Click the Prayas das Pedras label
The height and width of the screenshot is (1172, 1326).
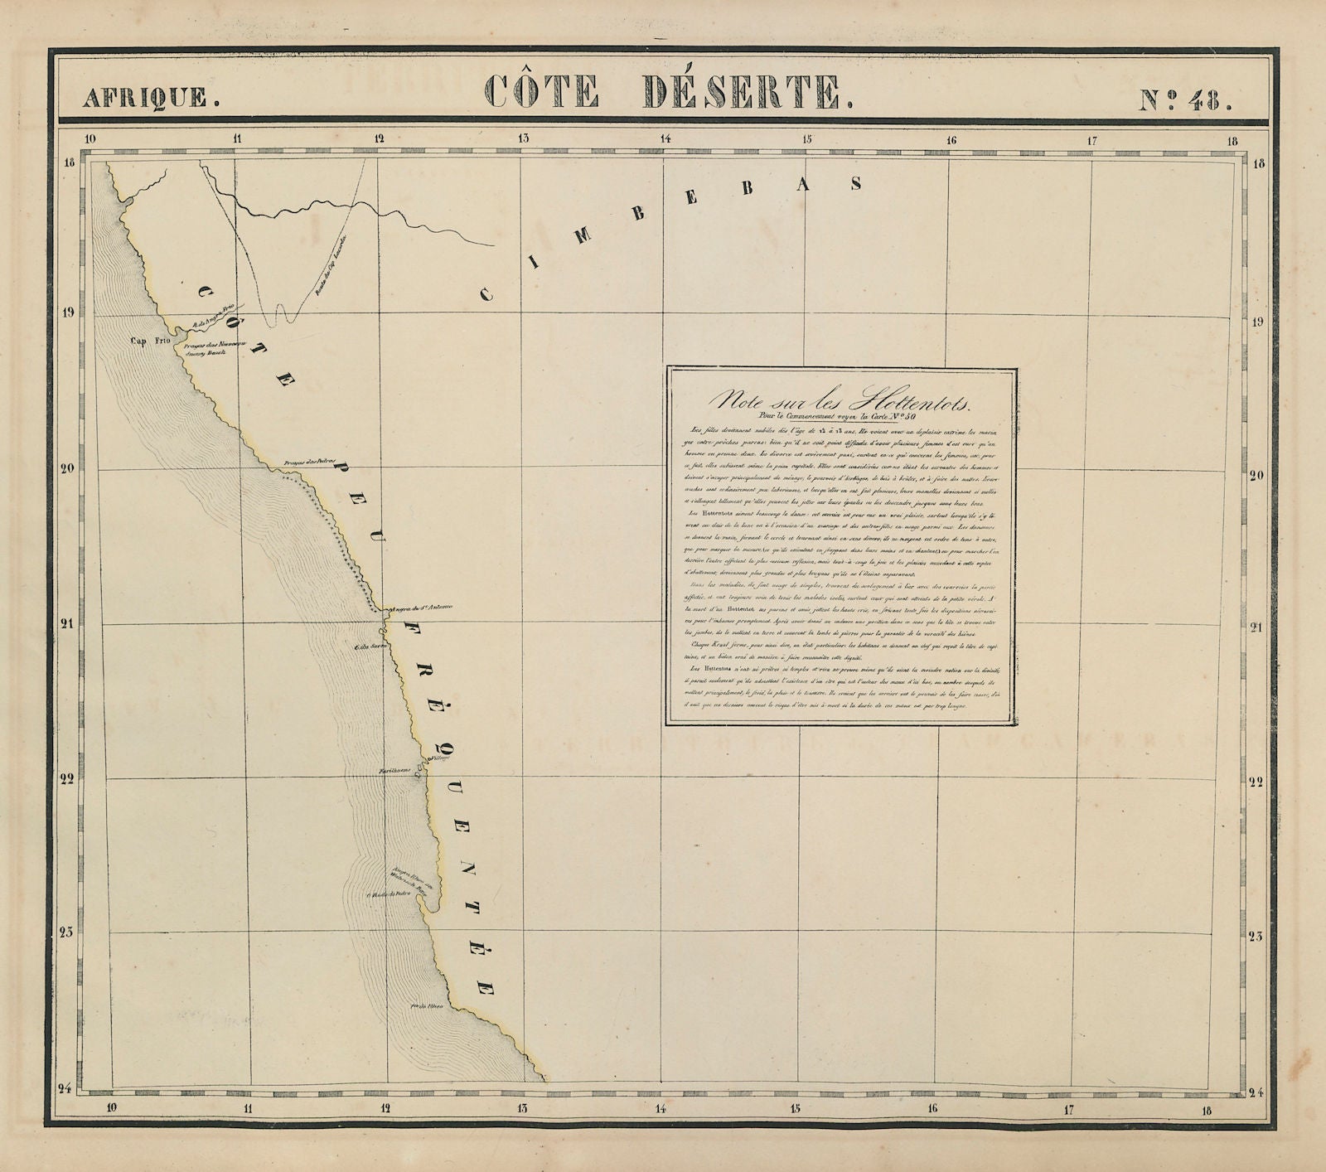(x=302, y=464)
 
